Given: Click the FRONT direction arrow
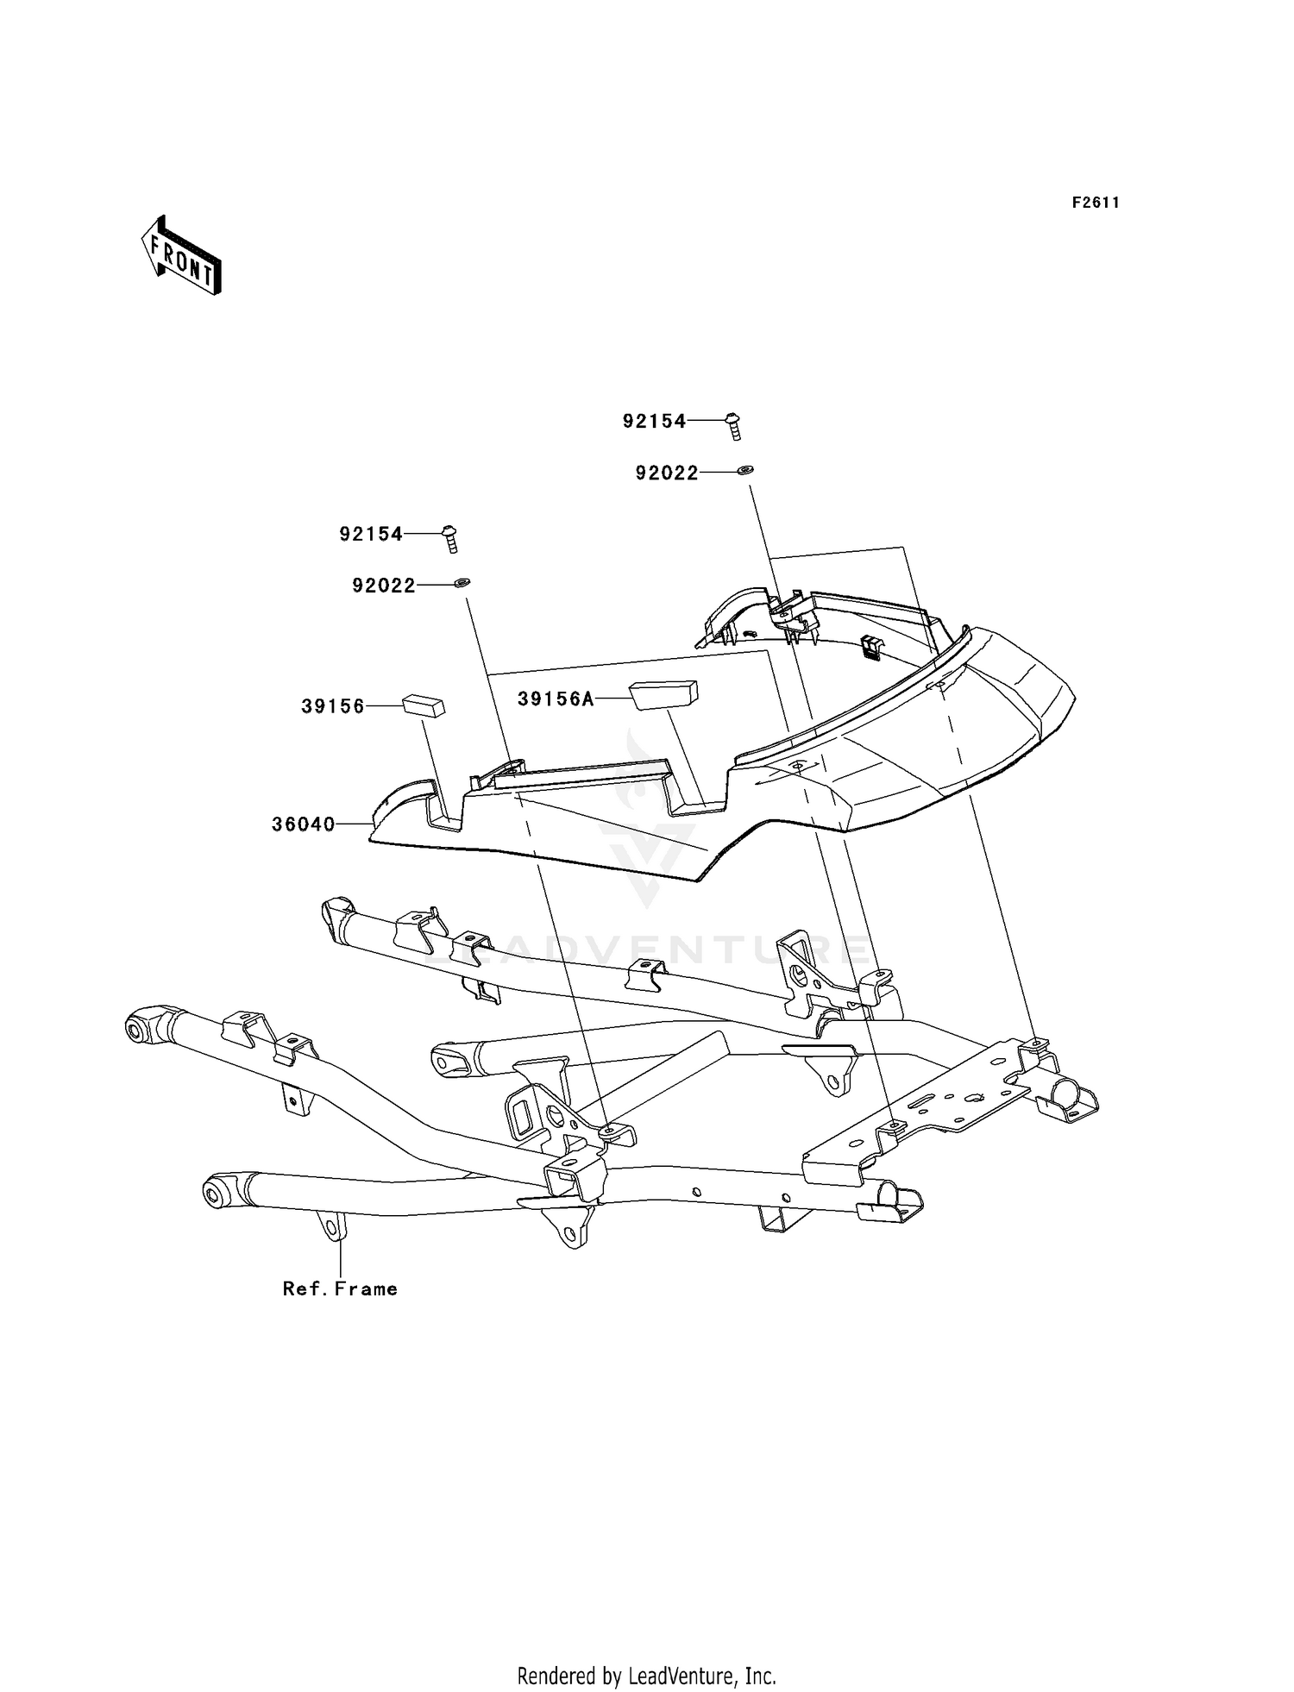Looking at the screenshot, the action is pos(182,256).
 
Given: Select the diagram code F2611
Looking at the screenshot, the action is pos(1096,203).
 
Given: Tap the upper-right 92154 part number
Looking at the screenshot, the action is pos(655,421).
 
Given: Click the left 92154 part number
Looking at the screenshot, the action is pos(371,534).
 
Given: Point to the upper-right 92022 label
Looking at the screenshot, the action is pos(667,473).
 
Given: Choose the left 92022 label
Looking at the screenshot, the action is pos(384,586).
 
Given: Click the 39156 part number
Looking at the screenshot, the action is pos(333,706).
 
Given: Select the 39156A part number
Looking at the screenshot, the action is pos(556,699).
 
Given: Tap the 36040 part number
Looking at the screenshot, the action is pos(304,824).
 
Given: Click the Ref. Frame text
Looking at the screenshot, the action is pos(341,1289).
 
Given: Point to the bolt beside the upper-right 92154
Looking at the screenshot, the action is pos(733,426).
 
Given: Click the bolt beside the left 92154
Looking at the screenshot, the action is pos(450,539).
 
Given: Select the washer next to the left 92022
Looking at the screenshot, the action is pos(462,583).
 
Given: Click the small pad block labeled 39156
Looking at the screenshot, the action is pos(424,706).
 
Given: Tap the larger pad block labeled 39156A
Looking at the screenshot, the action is pos(663,694).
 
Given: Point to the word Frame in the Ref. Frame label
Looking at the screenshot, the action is pos(367,1289).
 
